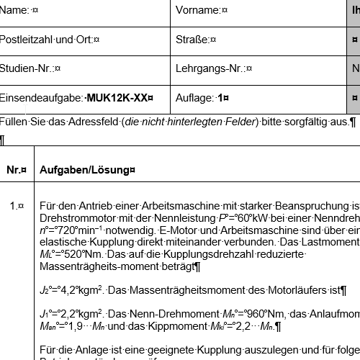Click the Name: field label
point(15,10)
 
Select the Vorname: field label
point(199,10)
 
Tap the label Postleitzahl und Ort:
point(48,39)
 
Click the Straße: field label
point(193,39)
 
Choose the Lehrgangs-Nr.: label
point(210,68)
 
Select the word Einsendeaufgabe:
point(41,97)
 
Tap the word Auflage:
point(194,97)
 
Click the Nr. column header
point(15,170)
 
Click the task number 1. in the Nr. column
point(15,206)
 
